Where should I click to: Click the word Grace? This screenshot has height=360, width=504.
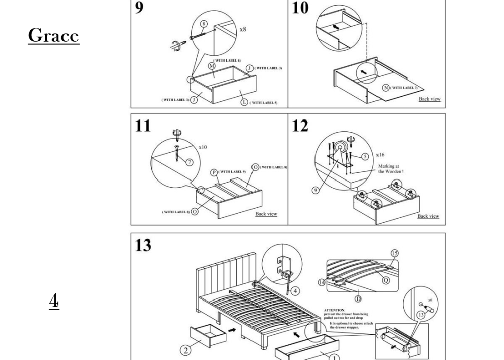click(x=53, y=36)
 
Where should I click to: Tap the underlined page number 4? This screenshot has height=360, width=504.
click(x=54, y=301)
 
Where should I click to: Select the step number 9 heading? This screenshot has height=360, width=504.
click(x=139, y=8)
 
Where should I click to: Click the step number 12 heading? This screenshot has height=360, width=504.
click(x=300, y=126)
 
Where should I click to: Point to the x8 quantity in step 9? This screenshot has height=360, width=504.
click(x=243, y=29)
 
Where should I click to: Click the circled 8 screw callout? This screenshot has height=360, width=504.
click(x=204, y=24)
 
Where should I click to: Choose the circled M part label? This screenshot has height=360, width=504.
click(x=212, y=66)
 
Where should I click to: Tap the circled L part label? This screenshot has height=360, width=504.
click(x=245, y=102)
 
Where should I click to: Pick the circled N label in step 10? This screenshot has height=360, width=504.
click(x=386, y=88)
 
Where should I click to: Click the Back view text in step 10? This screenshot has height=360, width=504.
click(x=429, y=99)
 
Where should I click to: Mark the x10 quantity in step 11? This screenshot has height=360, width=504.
click(x=203, y=147)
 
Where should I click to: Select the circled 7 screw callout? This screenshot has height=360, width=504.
click(x=190, y=162)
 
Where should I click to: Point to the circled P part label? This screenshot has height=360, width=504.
click(x=214, y=172)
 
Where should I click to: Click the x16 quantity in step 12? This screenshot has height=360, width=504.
click(x=381, y=155)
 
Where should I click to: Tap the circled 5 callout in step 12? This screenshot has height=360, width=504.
click(x=365, y=157)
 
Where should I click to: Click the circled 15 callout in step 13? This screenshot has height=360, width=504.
click(x=395, y=253)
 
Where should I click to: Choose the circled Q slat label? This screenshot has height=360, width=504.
click(x=385, y=280)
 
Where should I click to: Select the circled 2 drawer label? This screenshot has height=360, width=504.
click(x=186, y=350)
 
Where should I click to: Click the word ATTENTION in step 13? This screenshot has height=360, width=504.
click(x=334, y=310)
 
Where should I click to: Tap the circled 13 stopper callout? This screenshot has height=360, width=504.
click(x=421, y=315)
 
